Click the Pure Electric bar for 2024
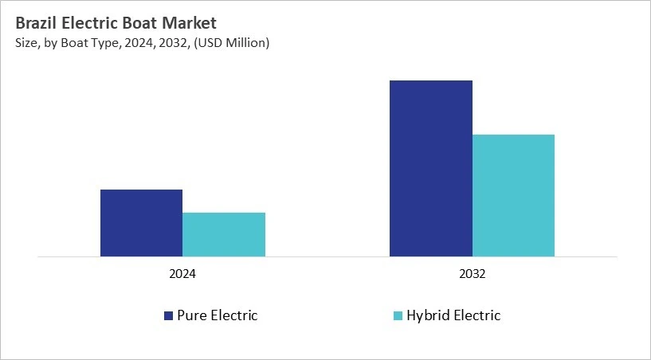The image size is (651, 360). (141, 223)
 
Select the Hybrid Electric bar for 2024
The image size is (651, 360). (224, 234)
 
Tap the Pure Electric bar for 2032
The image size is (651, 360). (430, 169)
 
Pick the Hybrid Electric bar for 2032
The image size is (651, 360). (513, 195)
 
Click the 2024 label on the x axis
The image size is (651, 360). (182, 273)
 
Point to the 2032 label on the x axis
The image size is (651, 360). (472, 273)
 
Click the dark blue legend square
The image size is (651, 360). (168, 316)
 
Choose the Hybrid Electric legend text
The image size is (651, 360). (453, 315)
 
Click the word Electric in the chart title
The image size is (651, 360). (90, 23)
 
